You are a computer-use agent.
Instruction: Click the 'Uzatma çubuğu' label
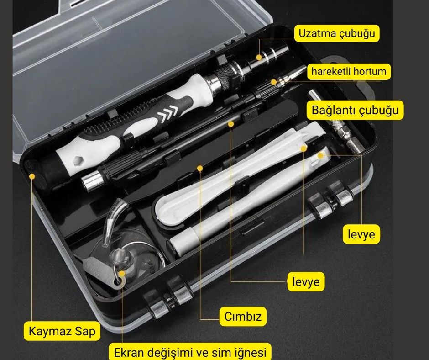(337, 33)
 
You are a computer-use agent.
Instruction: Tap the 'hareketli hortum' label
(349, 72)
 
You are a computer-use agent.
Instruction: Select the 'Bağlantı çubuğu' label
(355, 110)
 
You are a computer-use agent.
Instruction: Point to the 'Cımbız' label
(243, 317)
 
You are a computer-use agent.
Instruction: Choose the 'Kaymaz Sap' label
(62, 331)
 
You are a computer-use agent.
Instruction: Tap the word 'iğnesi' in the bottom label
(251, 352)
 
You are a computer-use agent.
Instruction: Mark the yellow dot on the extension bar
(259, 58)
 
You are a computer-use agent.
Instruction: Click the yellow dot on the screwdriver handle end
(32, 176)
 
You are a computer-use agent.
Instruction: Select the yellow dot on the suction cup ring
(122, 273)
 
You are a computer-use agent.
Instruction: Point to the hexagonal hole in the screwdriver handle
(78, 160)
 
